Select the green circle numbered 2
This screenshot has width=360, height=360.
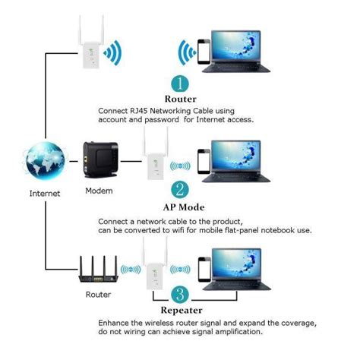tap(181, 189)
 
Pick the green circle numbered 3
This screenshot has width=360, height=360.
tap(179, 294)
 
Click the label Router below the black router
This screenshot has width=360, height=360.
tap(99, 295)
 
